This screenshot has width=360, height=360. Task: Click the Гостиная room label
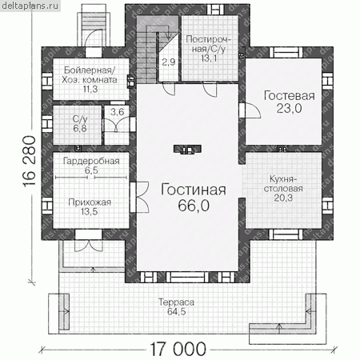[194, 190]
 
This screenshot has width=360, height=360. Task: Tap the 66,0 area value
[194, 206]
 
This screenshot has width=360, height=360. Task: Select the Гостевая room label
[290, 96]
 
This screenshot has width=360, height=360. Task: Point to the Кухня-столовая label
[283, 184]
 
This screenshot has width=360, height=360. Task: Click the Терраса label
[176, 302]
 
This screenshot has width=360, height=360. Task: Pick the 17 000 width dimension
[178, 349]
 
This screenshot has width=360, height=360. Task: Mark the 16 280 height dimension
[29, 162]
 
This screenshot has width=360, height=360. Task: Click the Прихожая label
[90, 202]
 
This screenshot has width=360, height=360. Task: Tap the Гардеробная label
[91, 161]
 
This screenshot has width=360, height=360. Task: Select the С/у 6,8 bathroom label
[80, 124]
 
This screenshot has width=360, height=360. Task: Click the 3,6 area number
[118, 112]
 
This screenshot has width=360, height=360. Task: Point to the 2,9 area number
[169, 62]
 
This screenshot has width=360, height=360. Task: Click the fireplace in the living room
[187, 150]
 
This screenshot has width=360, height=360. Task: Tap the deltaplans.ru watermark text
[30, 6]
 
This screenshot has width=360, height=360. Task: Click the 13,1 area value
[209, 58]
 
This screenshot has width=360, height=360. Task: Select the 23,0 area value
[289, 108]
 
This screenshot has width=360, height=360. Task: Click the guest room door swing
[252, 110]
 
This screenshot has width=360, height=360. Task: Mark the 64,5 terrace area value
[176, 311]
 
